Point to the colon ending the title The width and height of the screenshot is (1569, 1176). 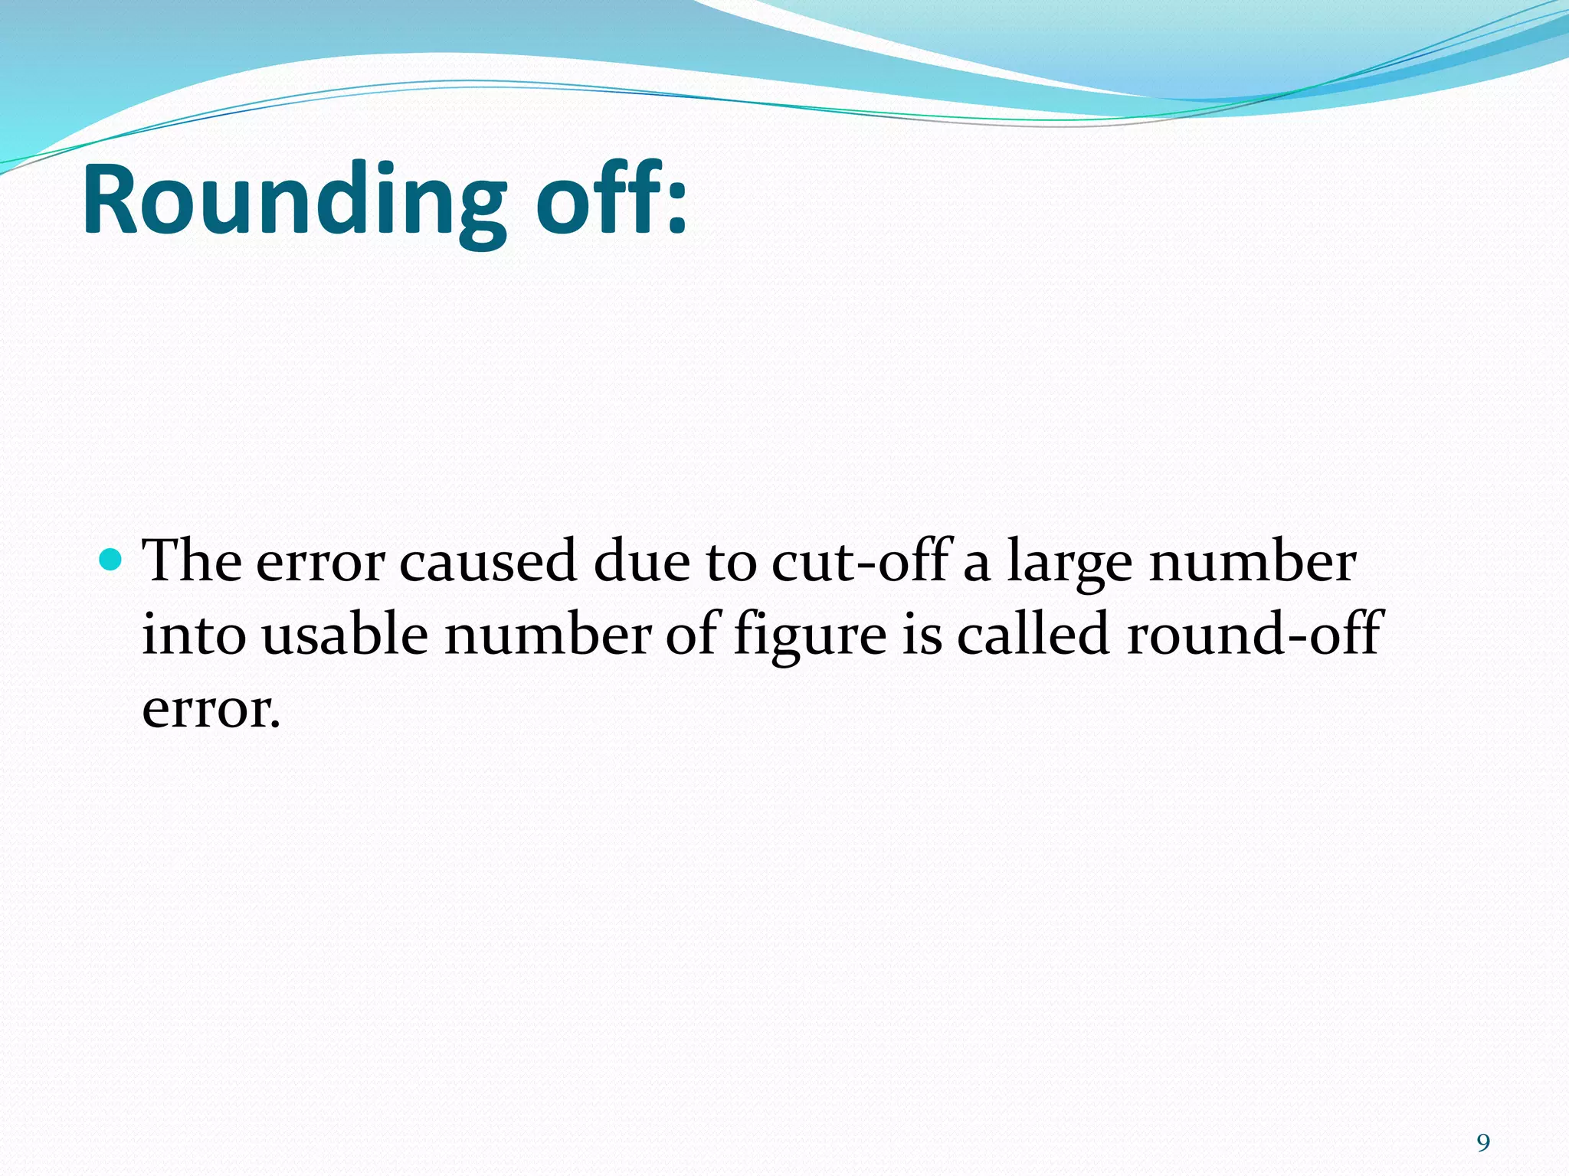coord(676,208)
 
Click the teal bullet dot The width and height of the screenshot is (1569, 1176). coord(112,560)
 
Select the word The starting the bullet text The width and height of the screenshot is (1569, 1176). coord(192,561)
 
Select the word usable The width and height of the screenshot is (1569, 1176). coord(346,635)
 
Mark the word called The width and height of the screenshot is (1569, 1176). coord(1033,635)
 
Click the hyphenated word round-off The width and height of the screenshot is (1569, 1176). coord(1253,635)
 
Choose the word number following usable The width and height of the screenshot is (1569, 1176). coord(548,635)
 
